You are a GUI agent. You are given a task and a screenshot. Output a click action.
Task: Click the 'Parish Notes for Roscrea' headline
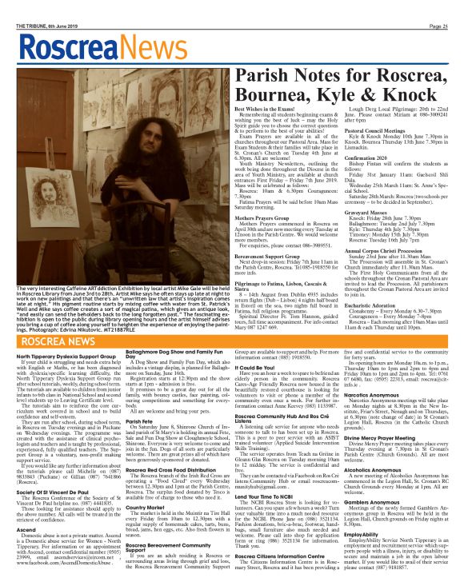(x=337, y=75)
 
